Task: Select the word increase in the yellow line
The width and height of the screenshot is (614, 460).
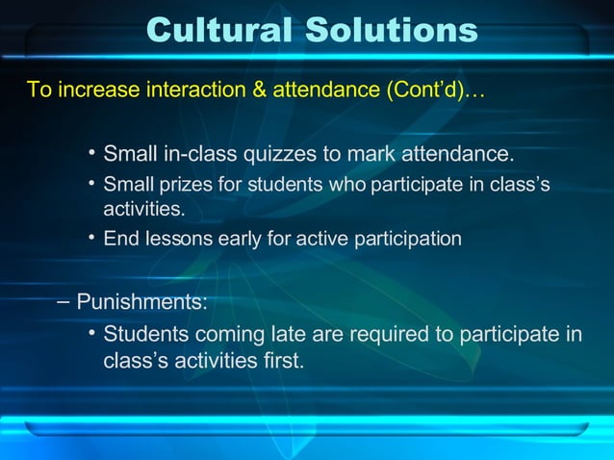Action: coord(98,90)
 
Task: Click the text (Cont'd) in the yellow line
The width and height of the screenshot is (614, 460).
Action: coord(423,90)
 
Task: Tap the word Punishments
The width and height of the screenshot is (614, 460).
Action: coord(141,301)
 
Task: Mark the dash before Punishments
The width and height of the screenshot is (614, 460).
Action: coord(64,301)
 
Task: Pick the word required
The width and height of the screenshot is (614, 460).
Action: coord(394,335)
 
